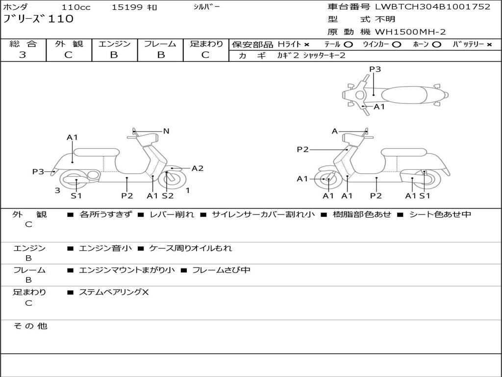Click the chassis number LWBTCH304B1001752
pyautogui.click(x=432, y=7)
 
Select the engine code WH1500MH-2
pyautogui.click(x=410, y=32)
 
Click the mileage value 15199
pyautogui.click(x=126, y=7)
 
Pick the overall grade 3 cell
pyautogui.click(x=23, y=55)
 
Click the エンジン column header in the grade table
pyautogui.click(x=114, y=44)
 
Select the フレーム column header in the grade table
pyautogui.click(x=160, y=44)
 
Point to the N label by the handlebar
pyautogui.click(x=166, y=131)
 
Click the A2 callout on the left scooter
pyautogui.click(x=198, y=168)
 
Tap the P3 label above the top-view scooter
pyautogui.click(x=375, y=69)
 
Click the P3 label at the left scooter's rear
pyautogui.click(x=38, y=171)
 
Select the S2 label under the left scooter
pyautogui.click(x=168, y=196)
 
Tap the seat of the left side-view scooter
pyautogui.click(x=95, y=152)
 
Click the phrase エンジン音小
pyautogui.click(x=105, y=248)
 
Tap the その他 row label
pyautogui.click(x=30, y=326)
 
